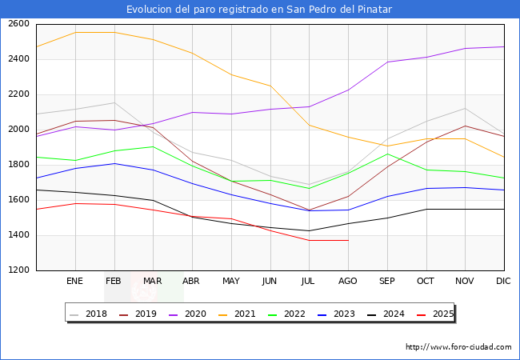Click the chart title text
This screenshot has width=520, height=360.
pyautogui.click(x=259, y=10)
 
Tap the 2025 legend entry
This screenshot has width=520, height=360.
pyautogui.click(x=434, y=314)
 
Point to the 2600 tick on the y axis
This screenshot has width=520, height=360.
pyautogui.click(x=18, y=24)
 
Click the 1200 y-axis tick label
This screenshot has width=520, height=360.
pyautogui.click(x=18, y=270)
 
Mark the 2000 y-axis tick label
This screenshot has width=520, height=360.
pyautogui.click(x=18, y=130)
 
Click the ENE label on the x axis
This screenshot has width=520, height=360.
pyautogui.click(x=74, y=282)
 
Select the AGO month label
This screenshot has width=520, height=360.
pyautogui.click(x=348, y=282)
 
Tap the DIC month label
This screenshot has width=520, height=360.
pyautogui.click(x=503, y=282)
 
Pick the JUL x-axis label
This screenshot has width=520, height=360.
pyautogui.click(x=309, y=282)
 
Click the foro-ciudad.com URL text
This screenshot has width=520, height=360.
pyautogui.click(x=458, y=347)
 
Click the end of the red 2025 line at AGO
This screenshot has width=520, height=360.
pyautogui.click(x=348, y=240)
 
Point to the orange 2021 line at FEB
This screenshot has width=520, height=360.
pyautogui.click(x=114, y=33)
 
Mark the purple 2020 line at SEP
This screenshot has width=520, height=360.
pyautogui.click(x=387, y=62)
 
